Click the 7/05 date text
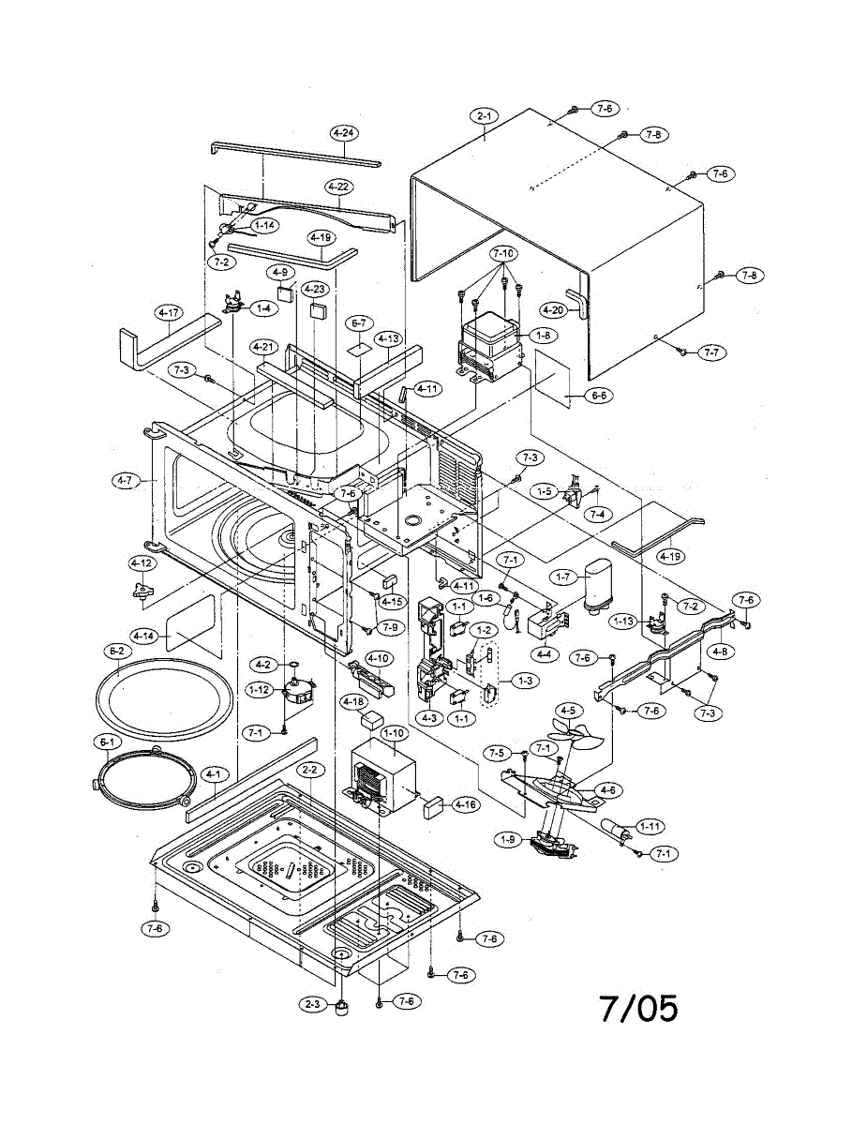638,1009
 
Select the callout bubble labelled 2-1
486,116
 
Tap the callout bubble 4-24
343,134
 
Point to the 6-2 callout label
117,650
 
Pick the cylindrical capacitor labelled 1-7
595,586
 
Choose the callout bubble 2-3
313,1004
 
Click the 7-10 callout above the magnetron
503,254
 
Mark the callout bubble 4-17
169,311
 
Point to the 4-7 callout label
125,481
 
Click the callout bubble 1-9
509,840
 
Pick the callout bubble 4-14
143,636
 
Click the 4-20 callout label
552,309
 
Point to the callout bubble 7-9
388,626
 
